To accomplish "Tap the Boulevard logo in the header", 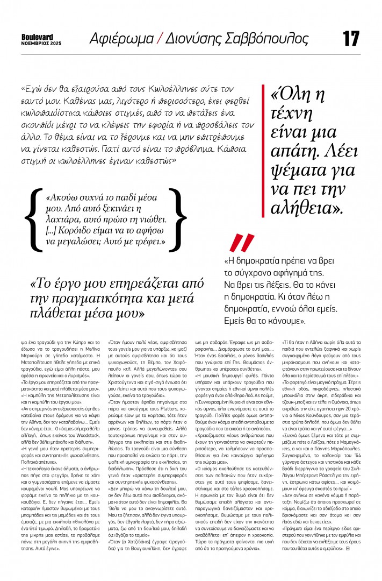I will tap(37, 37).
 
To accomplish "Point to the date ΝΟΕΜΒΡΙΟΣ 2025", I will tap(41, 43).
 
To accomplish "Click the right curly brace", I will tap(178, 219).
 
